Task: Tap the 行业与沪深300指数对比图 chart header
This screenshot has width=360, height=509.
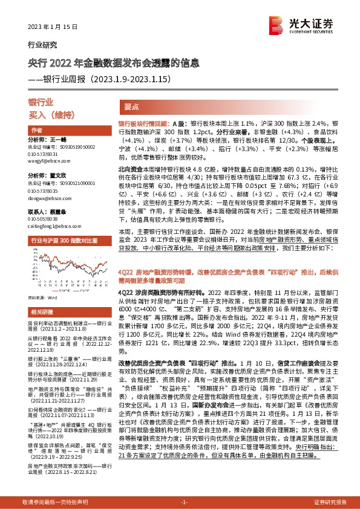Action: pos(64,240)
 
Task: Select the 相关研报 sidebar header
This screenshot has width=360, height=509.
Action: pos(41,312)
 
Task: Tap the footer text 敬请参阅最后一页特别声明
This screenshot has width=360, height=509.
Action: pos(54,502)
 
